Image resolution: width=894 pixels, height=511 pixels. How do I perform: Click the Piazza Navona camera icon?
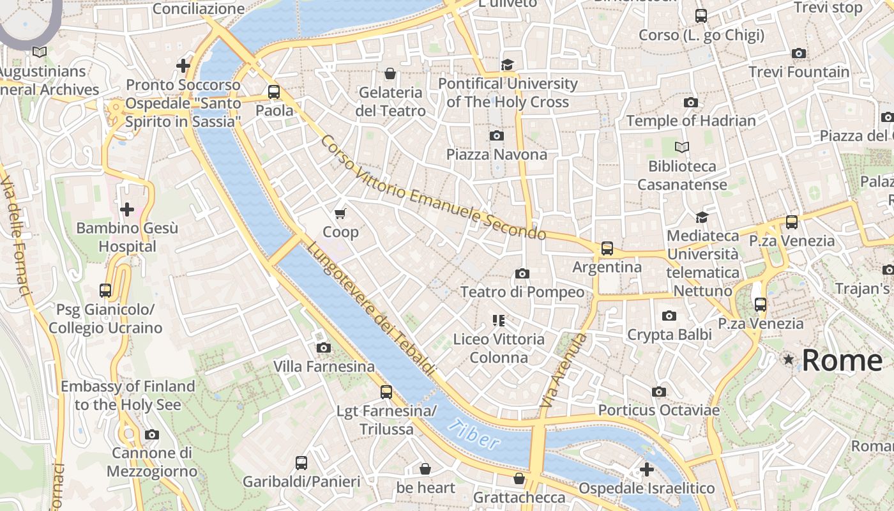(497, 135)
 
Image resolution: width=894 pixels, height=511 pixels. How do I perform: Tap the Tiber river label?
(474, 434)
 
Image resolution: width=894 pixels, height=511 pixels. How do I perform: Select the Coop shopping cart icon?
(340, 213)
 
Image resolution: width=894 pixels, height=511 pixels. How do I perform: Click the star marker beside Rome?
(789, 360)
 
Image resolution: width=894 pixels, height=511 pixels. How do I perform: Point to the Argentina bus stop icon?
(607, 248)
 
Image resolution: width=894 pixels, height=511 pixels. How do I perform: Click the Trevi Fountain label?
(799, 72)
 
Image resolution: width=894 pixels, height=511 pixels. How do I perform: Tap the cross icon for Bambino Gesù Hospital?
(126, 209)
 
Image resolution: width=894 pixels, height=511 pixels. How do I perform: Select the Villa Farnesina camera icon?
(324, 347)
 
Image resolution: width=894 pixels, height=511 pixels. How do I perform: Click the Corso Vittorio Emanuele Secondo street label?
(434, 188)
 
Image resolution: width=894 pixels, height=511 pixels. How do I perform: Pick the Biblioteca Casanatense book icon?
(682, 147)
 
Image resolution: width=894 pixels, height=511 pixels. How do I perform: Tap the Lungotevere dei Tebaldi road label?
(371, 309)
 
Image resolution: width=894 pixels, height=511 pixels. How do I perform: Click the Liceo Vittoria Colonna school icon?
(499, 320)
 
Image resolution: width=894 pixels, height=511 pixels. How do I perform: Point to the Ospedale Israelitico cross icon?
(646, 469)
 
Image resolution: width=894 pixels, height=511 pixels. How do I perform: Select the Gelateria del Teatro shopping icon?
(390, 73)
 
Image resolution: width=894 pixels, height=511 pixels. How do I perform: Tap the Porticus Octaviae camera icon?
(659, 392)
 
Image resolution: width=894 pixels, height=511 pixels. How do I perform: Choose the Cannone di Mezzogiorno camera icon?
(151, 434)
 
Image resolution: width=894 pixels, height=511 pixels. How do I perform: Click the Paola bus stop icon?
(274, 91)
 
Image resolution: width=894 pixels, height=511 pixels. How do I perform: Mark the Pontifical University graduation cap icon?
(508, 65)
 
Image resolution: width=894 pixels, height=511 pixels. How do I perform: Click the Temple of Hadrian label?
(691, 121)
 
